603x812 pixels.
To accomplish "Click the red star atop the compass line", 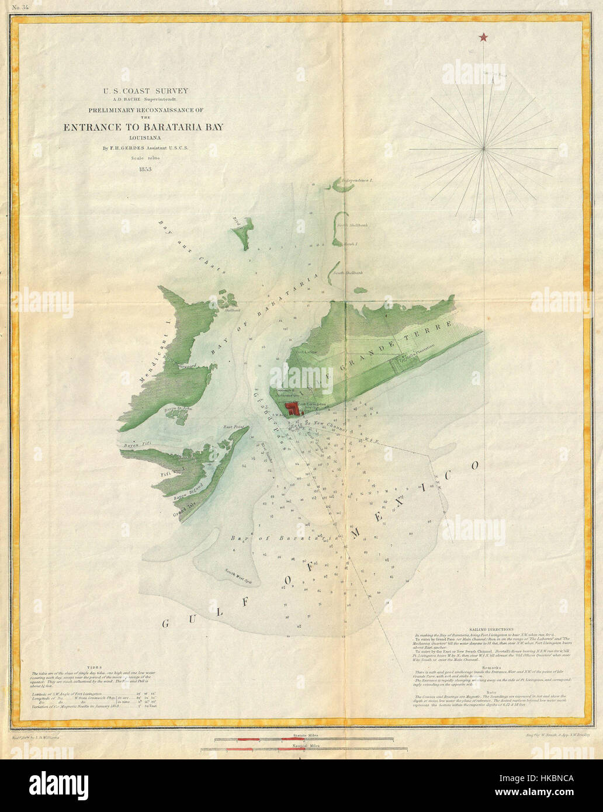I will [483, 38].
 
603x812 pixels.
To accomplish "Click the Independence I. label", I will [358, 181].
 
